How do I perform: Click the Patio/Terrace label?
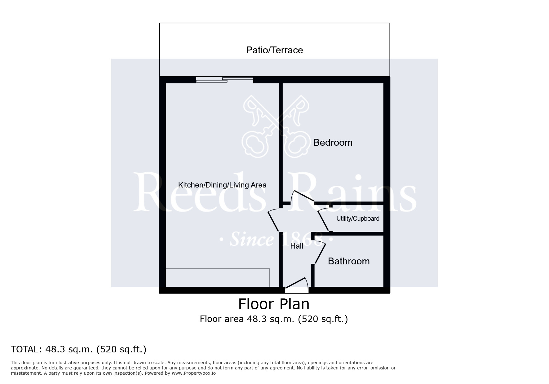click(274, 50)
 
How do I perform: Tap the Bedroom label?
click(333, 143)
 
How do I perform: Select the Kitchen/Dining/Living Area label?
click(222, 185)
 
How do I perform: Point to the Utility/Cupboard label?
click(358, 218)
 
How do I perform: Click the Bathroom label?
click(349, 261)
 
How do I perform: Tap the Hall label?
click(297, 246)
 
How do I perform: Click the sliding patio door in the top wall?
click(225, 80)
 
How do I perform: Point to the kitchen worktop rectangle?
click(218, 278)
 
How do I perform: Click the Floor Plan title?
click(274, 304)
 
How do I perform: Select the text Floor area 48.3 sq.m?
click(247, 319)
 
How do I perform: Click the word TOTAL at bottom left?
click(25, 349)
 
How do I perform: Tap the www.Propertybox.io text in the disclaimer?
click(193, 373)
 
